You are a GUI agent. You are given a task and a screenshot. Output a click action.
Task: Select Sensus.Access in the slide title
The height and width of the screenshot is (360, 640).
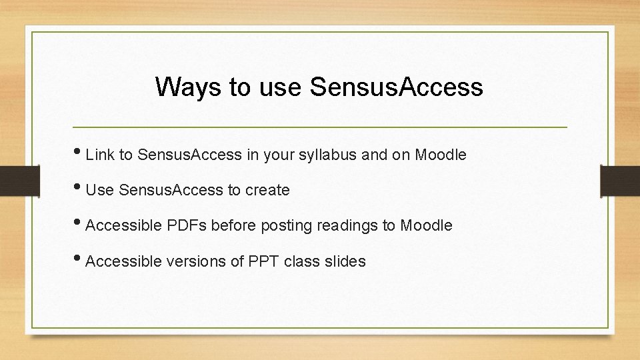coord(396,87)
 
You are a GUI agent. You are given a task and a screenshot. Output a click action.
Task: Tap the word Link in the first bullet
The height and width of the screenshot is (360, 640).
coord(100,155)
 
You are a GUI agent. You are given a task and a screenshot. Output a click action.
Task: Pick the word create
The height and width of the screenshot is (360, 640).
coord(267,191)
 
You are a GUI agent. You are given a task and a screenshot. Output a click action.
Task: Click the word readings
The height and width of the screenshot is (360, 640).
coord(347,226)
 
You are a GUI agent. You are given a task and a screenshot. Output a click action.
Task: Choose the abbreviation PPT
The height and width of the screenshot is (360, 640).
coord(263,261)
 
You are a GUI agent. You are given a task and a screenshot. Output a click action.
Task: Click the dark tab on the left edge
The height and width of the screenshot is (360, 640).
coord(12,180)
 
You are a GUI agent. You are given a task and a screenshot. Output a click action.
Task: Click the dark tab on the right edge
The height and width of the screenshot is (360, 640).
coord(620,180)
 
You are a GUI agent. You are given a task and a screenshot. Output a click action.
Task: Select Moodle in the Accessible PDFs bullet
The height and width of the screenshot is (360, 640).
coord(426,226)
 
